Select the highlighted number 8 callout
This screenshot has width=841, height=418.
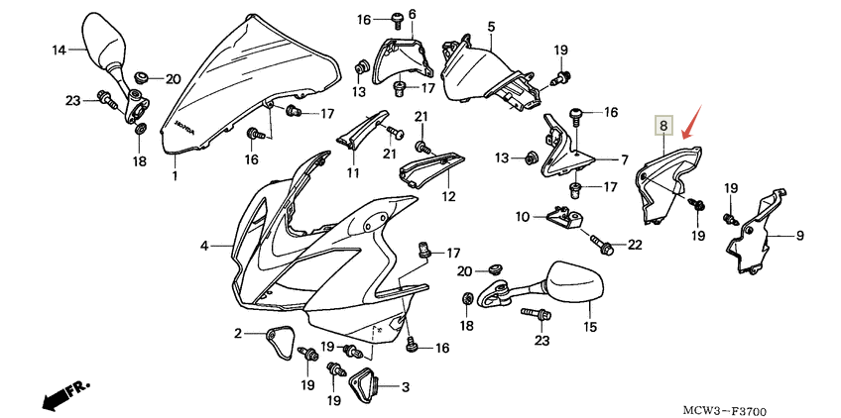click(663, 126)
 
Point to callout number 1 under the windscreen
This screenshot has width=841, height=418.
click(175, 176)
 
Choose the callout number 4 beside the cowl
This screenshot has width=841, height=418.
click(203, 245)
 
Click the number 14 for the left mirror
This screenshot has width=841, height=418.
click(58, 50)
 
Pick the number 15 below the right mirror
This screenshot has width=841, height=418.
click(590, 326)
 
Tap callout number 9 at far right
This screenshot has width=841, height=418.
click(799, 237)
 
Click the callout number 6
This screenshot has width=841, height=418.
click(412, 13)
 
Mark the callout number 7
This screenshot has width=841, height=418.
click(625, 158)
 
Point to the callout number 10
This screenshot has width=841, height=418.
click(523, 216)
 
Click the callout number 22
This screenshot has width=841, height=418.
click(635, 244)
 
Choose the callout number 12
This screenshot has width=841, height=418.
click(448, 197)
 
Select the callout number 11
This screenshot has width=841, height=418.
click(352, 173)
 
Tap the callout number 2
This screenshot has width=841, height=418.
click(239, 333)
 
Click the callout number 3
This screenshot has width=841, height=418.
click(405, 386)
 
